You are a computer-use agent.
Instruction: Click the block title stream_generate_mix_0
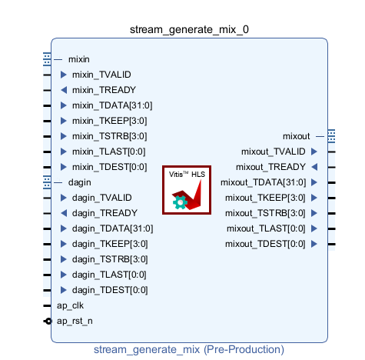pos(189,30)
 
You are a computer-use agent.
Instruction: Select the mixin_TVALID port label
pos(101,75)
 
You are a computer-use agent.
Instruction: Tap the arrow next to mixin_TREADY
pos(64,90)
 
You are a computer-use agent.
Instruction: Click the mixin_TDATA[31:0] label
pos(112,105)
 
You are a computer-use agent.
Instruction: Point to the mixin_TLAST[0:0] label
pos(108,152)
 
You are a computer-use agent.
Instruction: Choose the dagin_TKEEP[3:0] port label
pos(110,244)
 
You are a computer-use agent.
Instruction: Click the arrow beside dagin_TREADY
pos(64,213)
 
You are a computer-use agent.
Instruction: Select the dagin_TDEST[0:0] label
pos(110,290)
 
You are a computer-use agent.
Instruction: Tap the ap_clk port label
pos(70,305)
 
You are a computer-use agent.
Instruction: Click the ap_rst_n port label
pos(75,321)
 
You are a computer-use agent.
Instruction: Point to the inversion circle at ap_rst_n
pos(48,321)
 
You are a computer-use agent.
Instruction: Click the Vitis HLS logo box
pos(187,190)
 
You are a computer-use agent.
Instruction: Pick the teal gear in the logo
pos(180,202)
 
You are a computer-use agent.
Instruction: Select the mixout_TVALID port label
pos(274,152)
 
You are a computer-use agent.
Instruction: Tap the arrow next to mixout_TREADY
pos(314,167)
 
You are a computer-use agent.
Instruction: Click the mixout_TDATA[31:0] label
pos(264,182)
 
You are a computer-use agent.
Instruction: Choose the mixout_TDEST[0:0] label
pos(265,244)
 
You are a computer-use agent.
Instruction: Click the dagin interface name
pos(79,182)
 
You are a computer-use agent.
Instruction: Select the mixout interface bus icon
pos(331,136)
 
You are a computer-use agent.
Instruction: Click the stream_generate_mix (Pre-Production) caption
pos(189,350)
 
